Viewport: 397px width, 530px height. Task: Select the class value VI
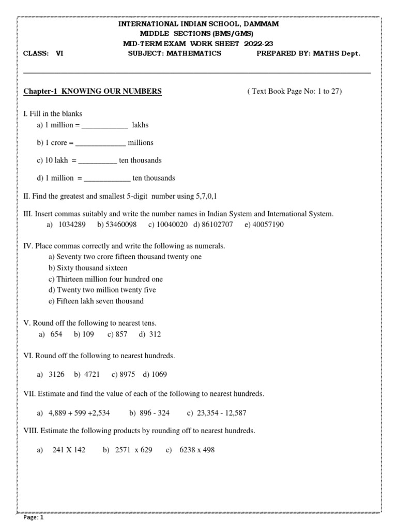[x=60, y=53]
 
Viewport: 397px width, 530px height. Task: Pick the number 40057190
[x=269, y=225]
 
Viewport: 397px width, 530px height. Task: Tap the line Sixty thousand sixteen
[x=88, y=268]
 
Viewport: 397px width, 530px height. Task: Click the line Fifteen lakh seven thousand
[x=96, y=301]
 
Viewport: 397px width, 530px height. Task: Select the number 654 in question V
[x=56, y=334]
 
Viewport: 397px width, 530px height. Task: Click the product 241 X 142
[x=69, y=450]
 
